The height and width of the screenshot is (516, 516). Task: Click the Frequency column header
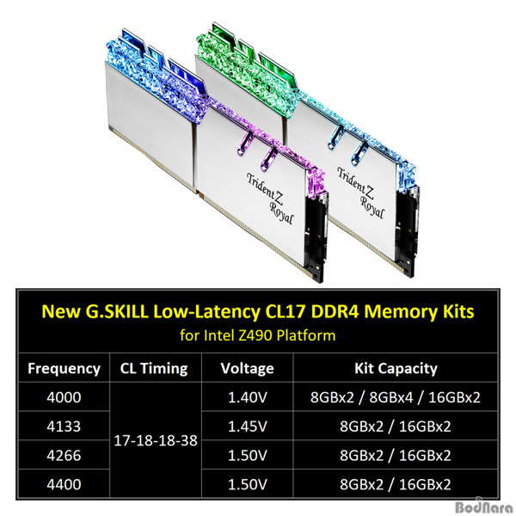pyautogui.click(x=64, y=368)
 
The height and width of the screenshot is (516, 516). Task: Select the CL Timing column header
pyautogui.click(x=154, y=368)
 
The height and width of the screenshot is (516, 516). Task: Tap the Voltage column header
pyautogui.click(x=247, y=368)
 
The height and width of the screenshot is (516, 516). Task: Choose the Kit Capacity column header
pyautogui.click(x=396, y=368)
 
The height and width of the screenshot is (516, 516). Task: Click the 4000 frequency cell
pyautogui.click(x=64, y=397)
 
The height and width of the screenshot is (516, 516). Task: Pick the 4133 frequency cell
pyautogui.click(x=64, y=427)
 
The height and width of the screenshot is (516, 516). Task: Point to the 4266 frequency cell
pyautogui.click(x=64, y=455)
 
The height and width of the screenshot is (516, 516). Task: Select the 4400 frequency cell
pyautogui.click(x=64, y=484)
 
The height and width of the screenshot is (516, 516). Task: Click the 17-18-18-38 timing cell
pyautogui.click(x=156, y=440)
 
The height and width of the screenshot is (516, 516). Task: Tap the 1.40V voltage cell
pyautogui.click(x=247, y=397)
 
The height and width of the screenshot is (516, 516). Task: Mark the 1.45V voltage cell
pyautogui.click(x=247, y=427)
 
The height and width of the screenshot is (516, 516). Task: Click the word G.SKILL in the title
pyautogui.click(x=117, y=311)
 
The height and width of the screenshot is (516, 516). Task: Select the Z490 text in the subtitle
pyautogui.click(x=255, y=335)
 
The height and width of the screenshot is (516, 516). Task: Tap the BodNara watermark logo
pyautogui.click(x=485, y=507)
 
